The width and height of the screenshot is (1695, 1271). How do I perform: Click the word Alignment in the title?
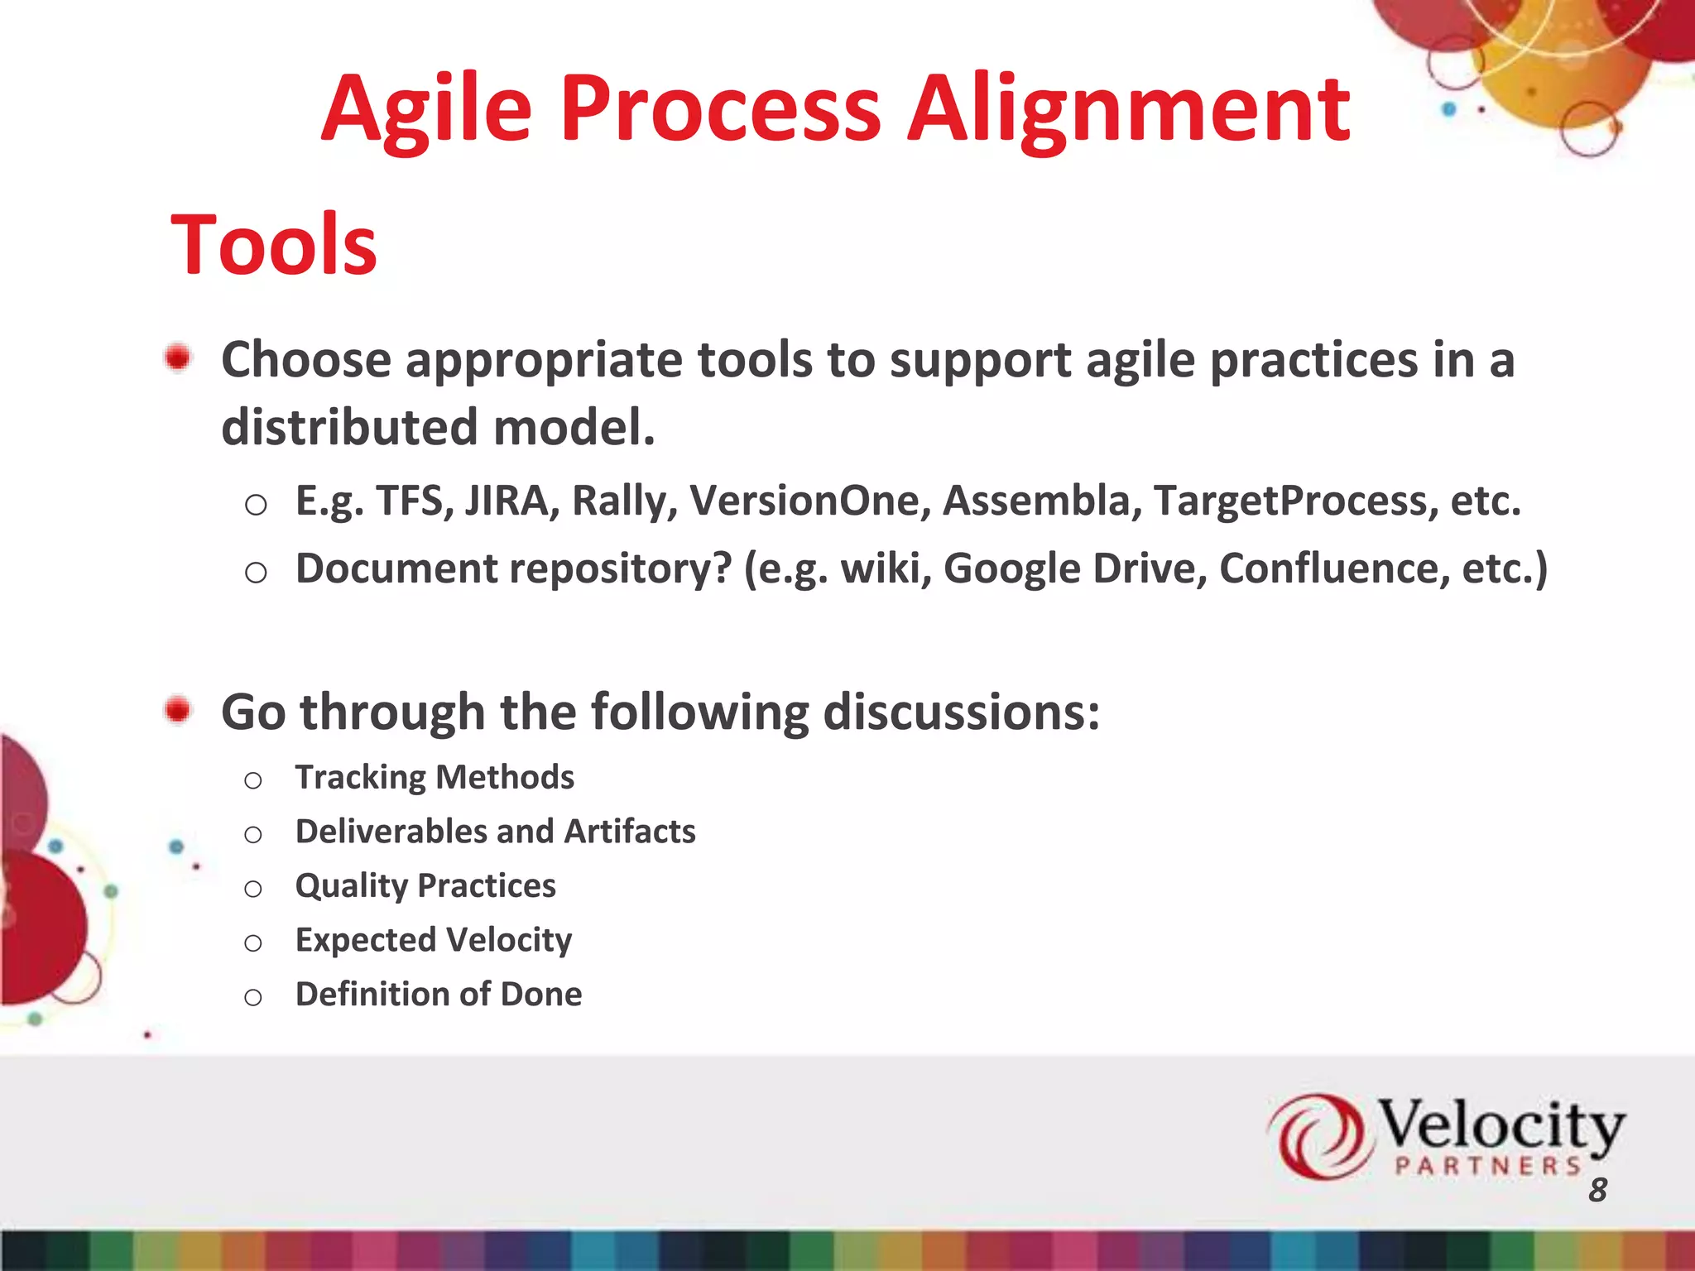(x=1129, y=112)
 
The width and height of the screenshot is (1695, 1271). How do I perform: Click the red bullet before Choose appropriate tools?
(x=178, y=358)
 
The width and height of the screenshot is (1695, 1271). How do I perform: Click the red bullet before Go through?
(x=178, y=710)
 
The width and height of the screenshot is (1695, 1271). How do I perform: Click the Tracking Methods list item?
(x=435, y=778)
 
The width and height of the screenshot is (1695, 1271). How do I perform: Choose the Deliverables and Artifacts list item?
(x=495, y=832)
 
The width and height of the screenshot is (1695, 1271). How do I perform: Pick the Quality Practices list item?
(x=425, y=886)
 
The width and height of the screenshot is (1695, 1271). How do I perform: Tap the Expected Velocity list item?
(x=433, y=941)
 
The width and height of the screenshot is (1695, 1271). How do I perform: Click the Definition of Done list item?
(x=438, y=995)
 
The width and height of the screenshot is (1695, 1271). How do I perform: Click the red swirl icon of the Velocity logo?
(x=1316, y=1136)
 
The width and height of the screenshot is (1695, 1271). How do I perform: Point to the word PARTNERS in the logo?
(x=1487, y=1167)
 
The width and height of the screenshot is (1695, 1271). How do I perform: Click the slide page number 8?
(x=1597, y=1191)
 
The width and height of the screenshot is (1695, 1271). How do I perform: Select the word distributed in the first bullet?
(x=349, y=427)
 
